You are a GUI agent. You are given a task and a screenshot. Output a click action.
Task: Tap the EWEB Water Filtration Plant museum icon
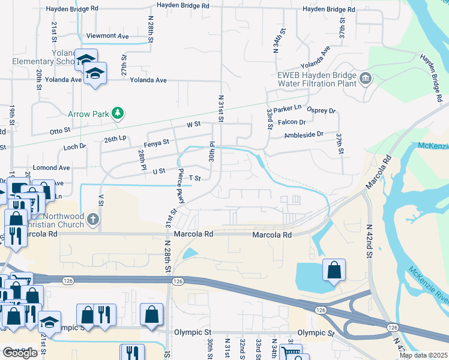pos(365,79)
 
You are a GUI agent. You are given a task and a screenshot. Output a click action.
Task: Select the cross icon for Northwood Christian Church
pos(92,219)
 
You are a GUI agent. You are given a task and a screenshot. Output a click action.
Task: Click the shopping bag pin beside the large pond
pos(334,271)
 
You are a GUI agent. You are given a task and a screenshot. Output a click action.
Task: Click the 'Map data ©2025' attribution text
pos(423,355)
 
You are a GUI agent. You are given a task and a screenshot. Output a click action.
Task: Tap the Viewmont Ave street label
pos(107,36)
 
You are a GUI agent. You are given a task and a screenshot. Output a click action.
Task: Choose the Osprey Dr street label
pos(321,110)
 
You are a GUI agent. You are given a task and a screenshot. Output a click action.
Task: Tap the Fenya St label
pos(157,144)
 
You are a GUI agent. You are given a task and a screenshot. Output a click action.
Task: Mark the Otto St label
pos(60,130)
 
